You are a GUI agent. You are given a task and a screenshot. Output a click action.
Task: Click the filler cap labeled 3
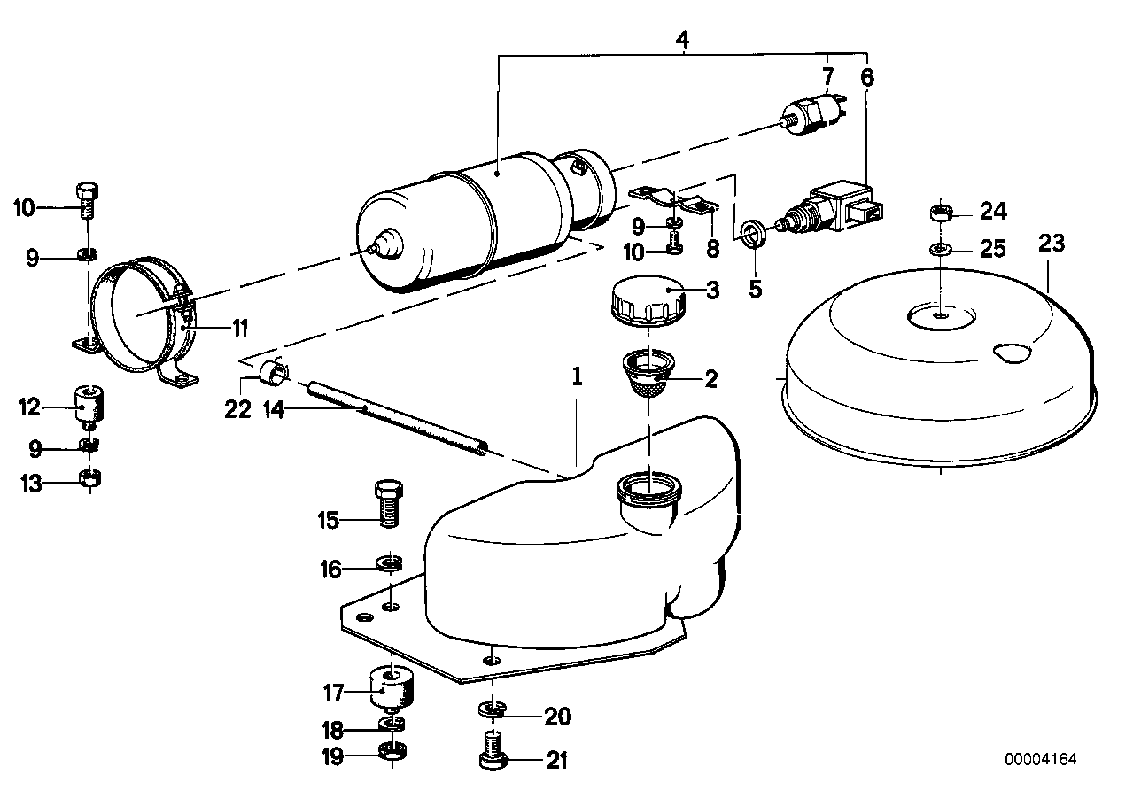647,302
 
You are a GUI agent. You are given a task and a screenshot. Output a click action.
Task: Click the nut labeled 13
89,481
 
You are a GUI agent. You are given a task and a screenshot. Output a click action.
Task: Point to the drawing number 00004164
1042,760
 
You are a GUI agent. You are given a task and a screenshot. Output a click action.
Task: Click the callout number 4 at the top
681,41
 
